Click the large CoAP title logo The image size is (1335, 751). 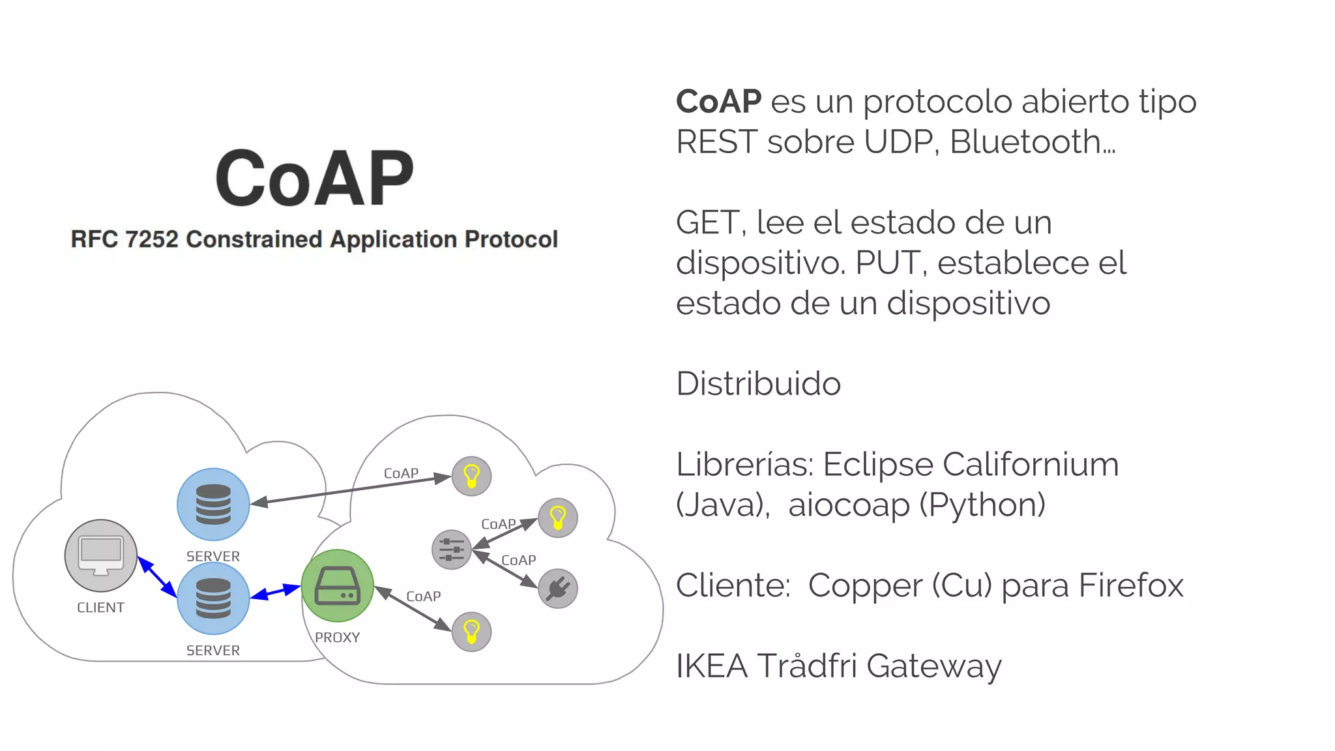(315, 179)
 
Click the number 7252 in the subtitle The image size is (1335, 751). (151, 239)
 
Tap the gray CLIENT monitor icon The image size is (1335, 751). (101, 555)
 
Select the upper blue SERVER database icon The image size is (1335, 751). (213, 504)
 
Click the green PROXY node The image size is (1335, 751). (337, 585)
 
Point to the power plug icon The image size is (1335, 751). (558, 588)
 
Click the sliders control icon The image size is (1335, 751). (451, 550)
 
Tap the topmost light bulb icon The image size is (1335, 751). (471, 476)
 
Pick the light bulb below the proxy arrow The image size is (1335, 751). (471, 631)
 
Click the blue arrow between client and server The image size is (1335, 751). (157, 577)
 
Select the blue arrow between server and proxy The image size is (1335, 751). (275, 591)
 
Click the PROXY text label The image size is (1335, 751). (337, 638)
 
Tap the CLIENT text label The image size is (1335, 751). (100, 608)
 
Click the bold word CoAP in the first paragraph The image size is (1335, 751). (718, 102)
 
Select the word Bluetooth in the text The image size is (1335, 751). (1025, 142)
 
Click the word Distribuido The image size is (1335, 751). (758, 384)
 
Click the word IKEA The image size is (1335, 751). (711, 666)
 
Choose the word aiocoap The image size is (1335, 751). (848, 505)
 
